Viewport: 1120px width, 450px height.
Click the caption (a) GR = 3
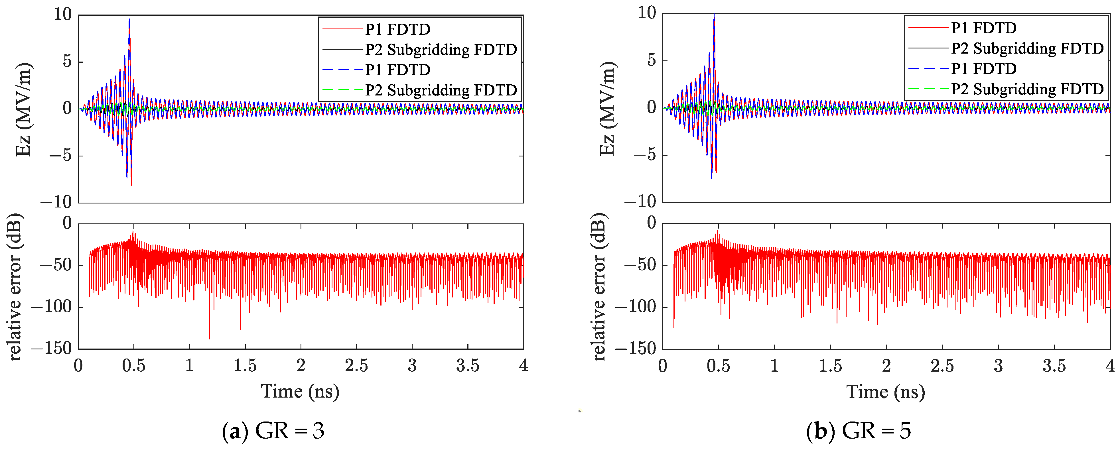pos(273,431)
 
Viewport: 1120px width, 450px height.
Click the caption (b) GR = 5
pos(859,431)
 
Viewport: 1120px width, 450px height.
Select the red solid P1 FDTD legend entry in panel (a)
pos(397,29)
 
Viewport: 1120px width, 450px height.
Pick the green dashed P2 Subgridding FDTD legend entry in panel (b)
pos(1027,89)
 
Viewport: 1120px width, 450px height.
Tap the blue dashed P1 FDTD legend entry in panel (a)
pos(397,70)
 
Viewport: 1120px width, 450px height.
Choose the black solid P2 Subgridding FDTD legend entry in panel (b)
pos(1027,48)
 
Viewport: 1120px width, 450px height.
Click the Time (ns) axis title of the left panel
pos(300,392)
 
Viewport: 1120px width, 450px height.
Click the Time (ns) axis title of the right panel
pos(885,392)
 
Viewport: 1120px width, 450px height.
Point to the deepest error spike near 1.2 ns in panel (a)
pos(209,338)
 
